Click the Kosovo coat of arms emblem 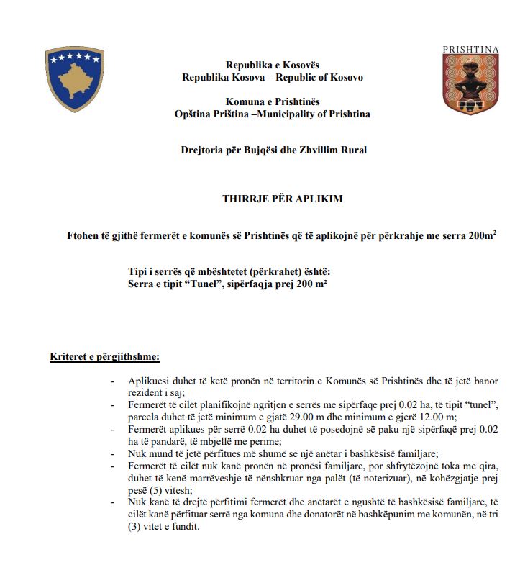[x=75, y=78]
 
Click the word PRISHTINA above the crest [x=470, y=49]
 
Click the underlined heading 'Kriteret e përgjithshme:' [x=105, y=356]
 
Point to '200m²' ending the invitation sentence [x=480, y=235]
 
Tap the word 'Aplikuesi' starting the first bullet [x=150, y=381]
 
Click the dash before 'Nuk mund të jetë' [x=113, y=453]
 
